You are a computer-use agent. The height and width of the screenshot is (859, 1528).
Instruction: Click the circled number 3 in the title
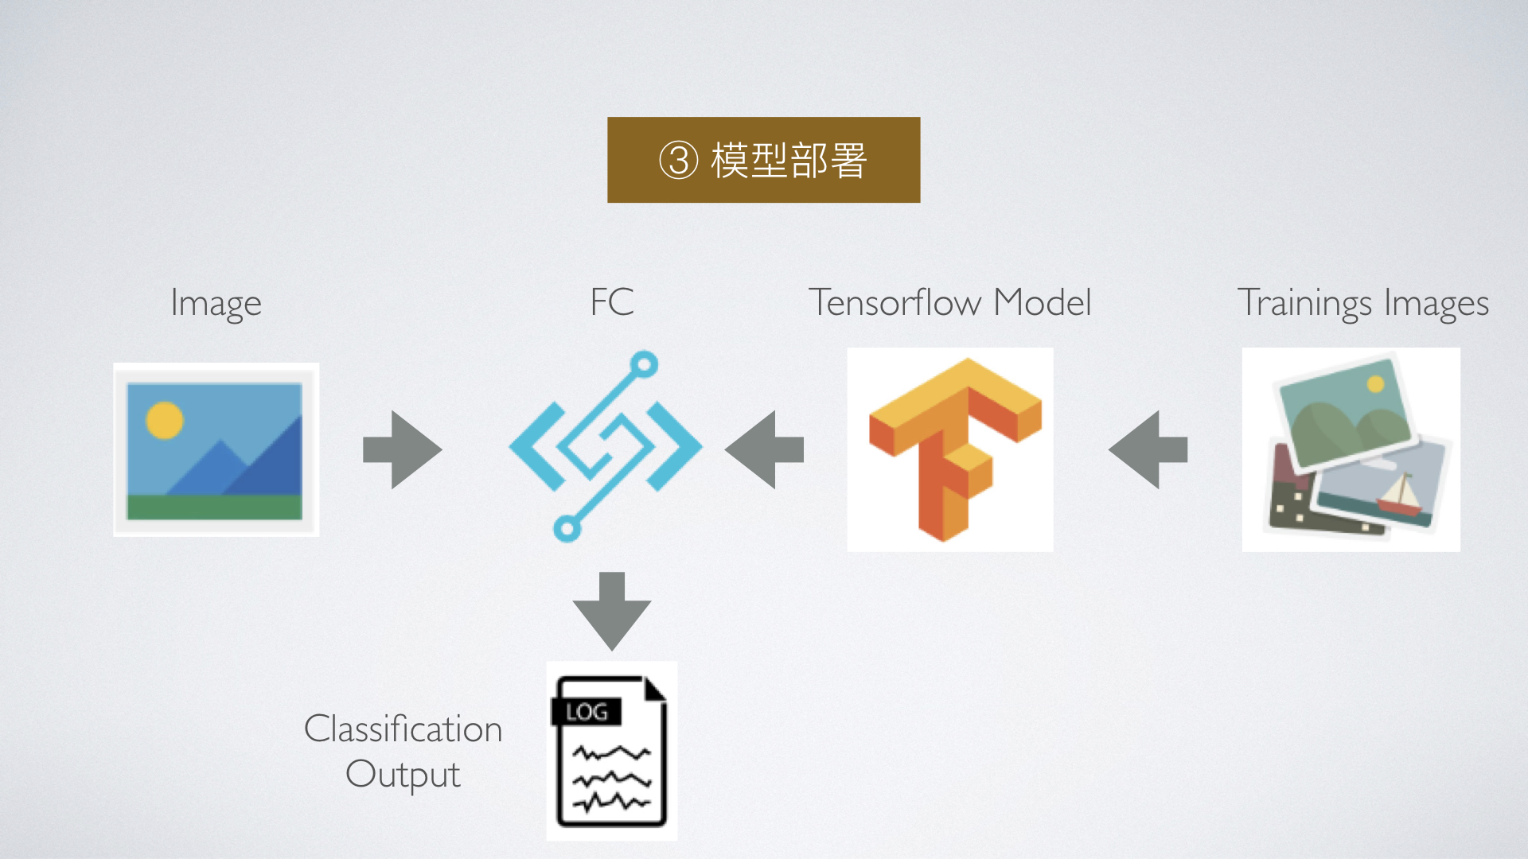[x=678, y=160]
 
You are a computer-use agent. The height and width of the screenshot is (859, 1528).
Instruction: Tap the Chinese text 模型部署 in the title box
[x=788, y=160]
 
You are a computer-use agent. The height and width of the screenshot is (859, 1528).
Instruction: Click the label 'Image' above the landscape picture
[x=216, y=304]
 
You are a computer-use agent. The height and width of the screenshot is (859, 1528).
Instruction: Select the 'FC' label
[x=611, y=302]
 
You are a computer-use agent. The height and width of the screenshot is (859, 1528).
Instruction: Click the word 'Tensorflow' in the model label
[x=895, y=302]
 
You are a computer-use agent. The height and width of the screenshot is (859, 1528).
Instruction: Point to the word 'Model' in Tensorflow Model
[x=1043, y=302]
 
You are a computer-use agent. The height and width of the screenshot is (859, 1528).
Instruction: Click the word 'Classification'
[x=403, y=729]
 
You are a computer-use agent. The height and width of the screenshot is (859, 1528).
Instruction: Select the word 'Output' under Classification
[x=403, y=775]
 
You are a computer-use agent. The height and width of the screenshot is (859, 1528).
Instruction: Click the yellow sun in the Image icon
[x=165, y=420]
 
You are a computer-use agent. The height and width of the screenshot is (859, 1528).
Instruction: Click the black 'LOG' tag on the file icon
[x=587, y=712]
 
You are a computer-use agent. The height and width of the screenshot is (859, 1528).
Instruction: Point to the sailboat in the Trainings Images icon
[x=1400, y=495]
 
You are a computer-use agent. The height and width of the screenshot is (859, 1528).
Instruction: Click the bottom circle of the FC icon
[x=567, y=528]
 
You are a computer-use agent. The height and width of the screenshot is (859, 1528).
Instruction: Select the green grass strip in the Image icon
[x=215, y=507]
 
